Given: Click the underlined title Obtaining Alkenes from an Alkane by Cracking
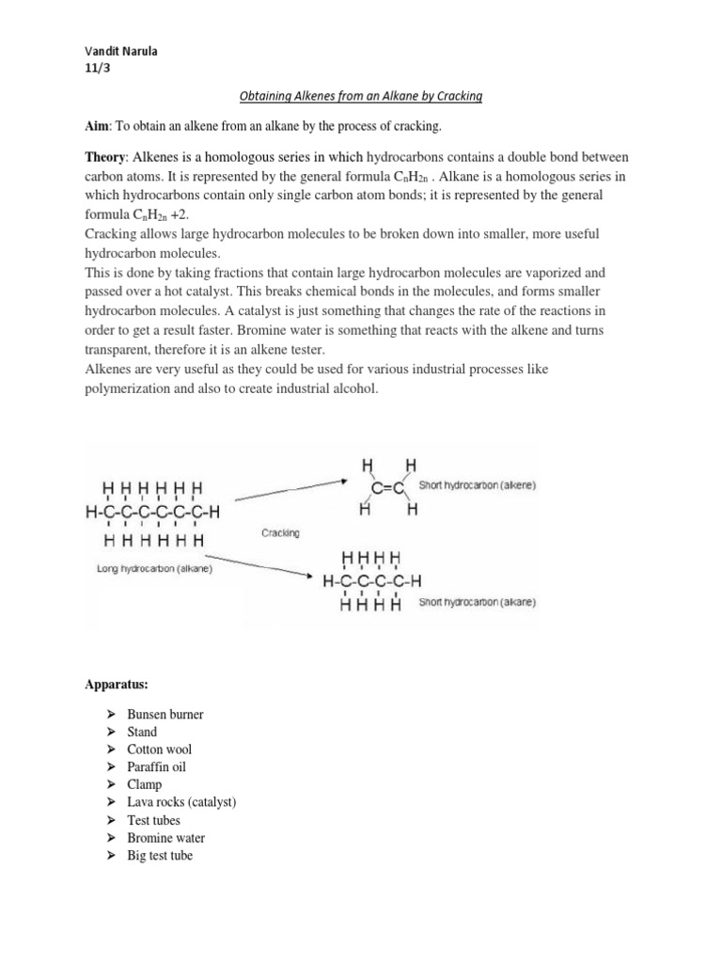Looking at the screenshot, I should [x=357, y=98].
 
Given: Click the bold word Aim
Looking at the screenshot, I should [x=95, y=127].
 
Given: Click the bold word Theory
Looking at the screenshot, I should [x=103, y=156].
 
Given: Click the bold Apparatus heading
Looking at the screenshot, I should [x=112, y=674].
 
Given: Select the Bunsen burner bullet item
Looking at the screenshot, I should [x=165, y=714].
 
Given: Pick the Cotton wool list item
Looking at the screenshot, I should [x=159, y=750].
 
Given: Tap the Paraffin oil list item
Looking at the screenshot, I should [x=156, y=767].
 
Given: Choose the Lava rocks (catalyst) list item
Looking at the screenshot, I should [x=181, y=802].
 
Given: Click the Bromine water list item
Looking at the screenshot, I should [x=165, y=838].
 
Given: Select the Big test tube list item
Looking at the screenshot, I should [x=160, y=856].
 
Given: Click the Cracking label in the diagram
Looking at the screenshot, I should [x=281, y=533].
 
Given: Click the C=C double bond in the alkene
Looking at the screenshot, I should [x=386, y=488].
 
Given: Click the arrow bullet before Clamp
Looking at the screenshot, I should [x=110, y=785].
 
